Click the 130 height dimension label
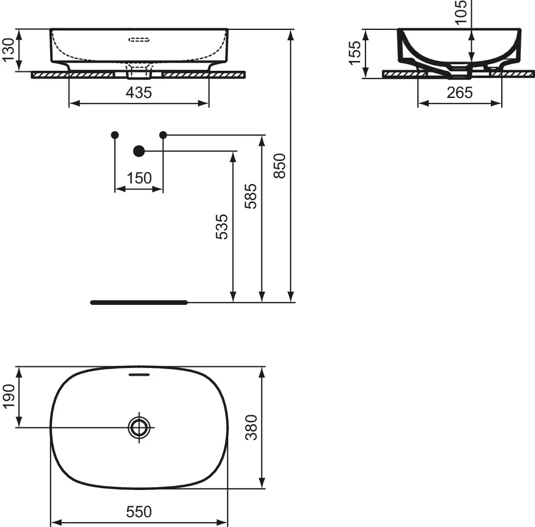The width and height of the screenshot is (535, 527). pyautogui.click(x=9, y=50)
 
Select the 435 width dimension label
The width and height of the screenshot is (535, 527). pyautogui.click(x=139, y=93)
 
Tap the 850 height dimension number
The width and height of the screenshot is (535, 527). pyautogui.click(x=279, y=166)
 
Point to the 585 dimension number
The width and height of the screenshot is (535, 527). pyautogui.click(x=251, y=196)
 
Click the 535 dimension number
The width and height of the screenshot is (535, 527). pyautogui.click(x=222, y=226)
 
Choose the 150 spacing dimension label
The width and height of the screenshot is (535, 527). pyautogui.click(x=139, y=178)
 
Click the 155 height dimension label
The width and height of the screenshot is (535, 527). pyautogui.click(x=355, y=53)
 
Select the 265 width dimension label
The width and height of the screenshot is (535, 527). pyautogui.click(x=460, y=93)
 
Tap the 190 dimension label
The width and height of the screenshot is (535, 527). pyautogui.click(x=9, y=396)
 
